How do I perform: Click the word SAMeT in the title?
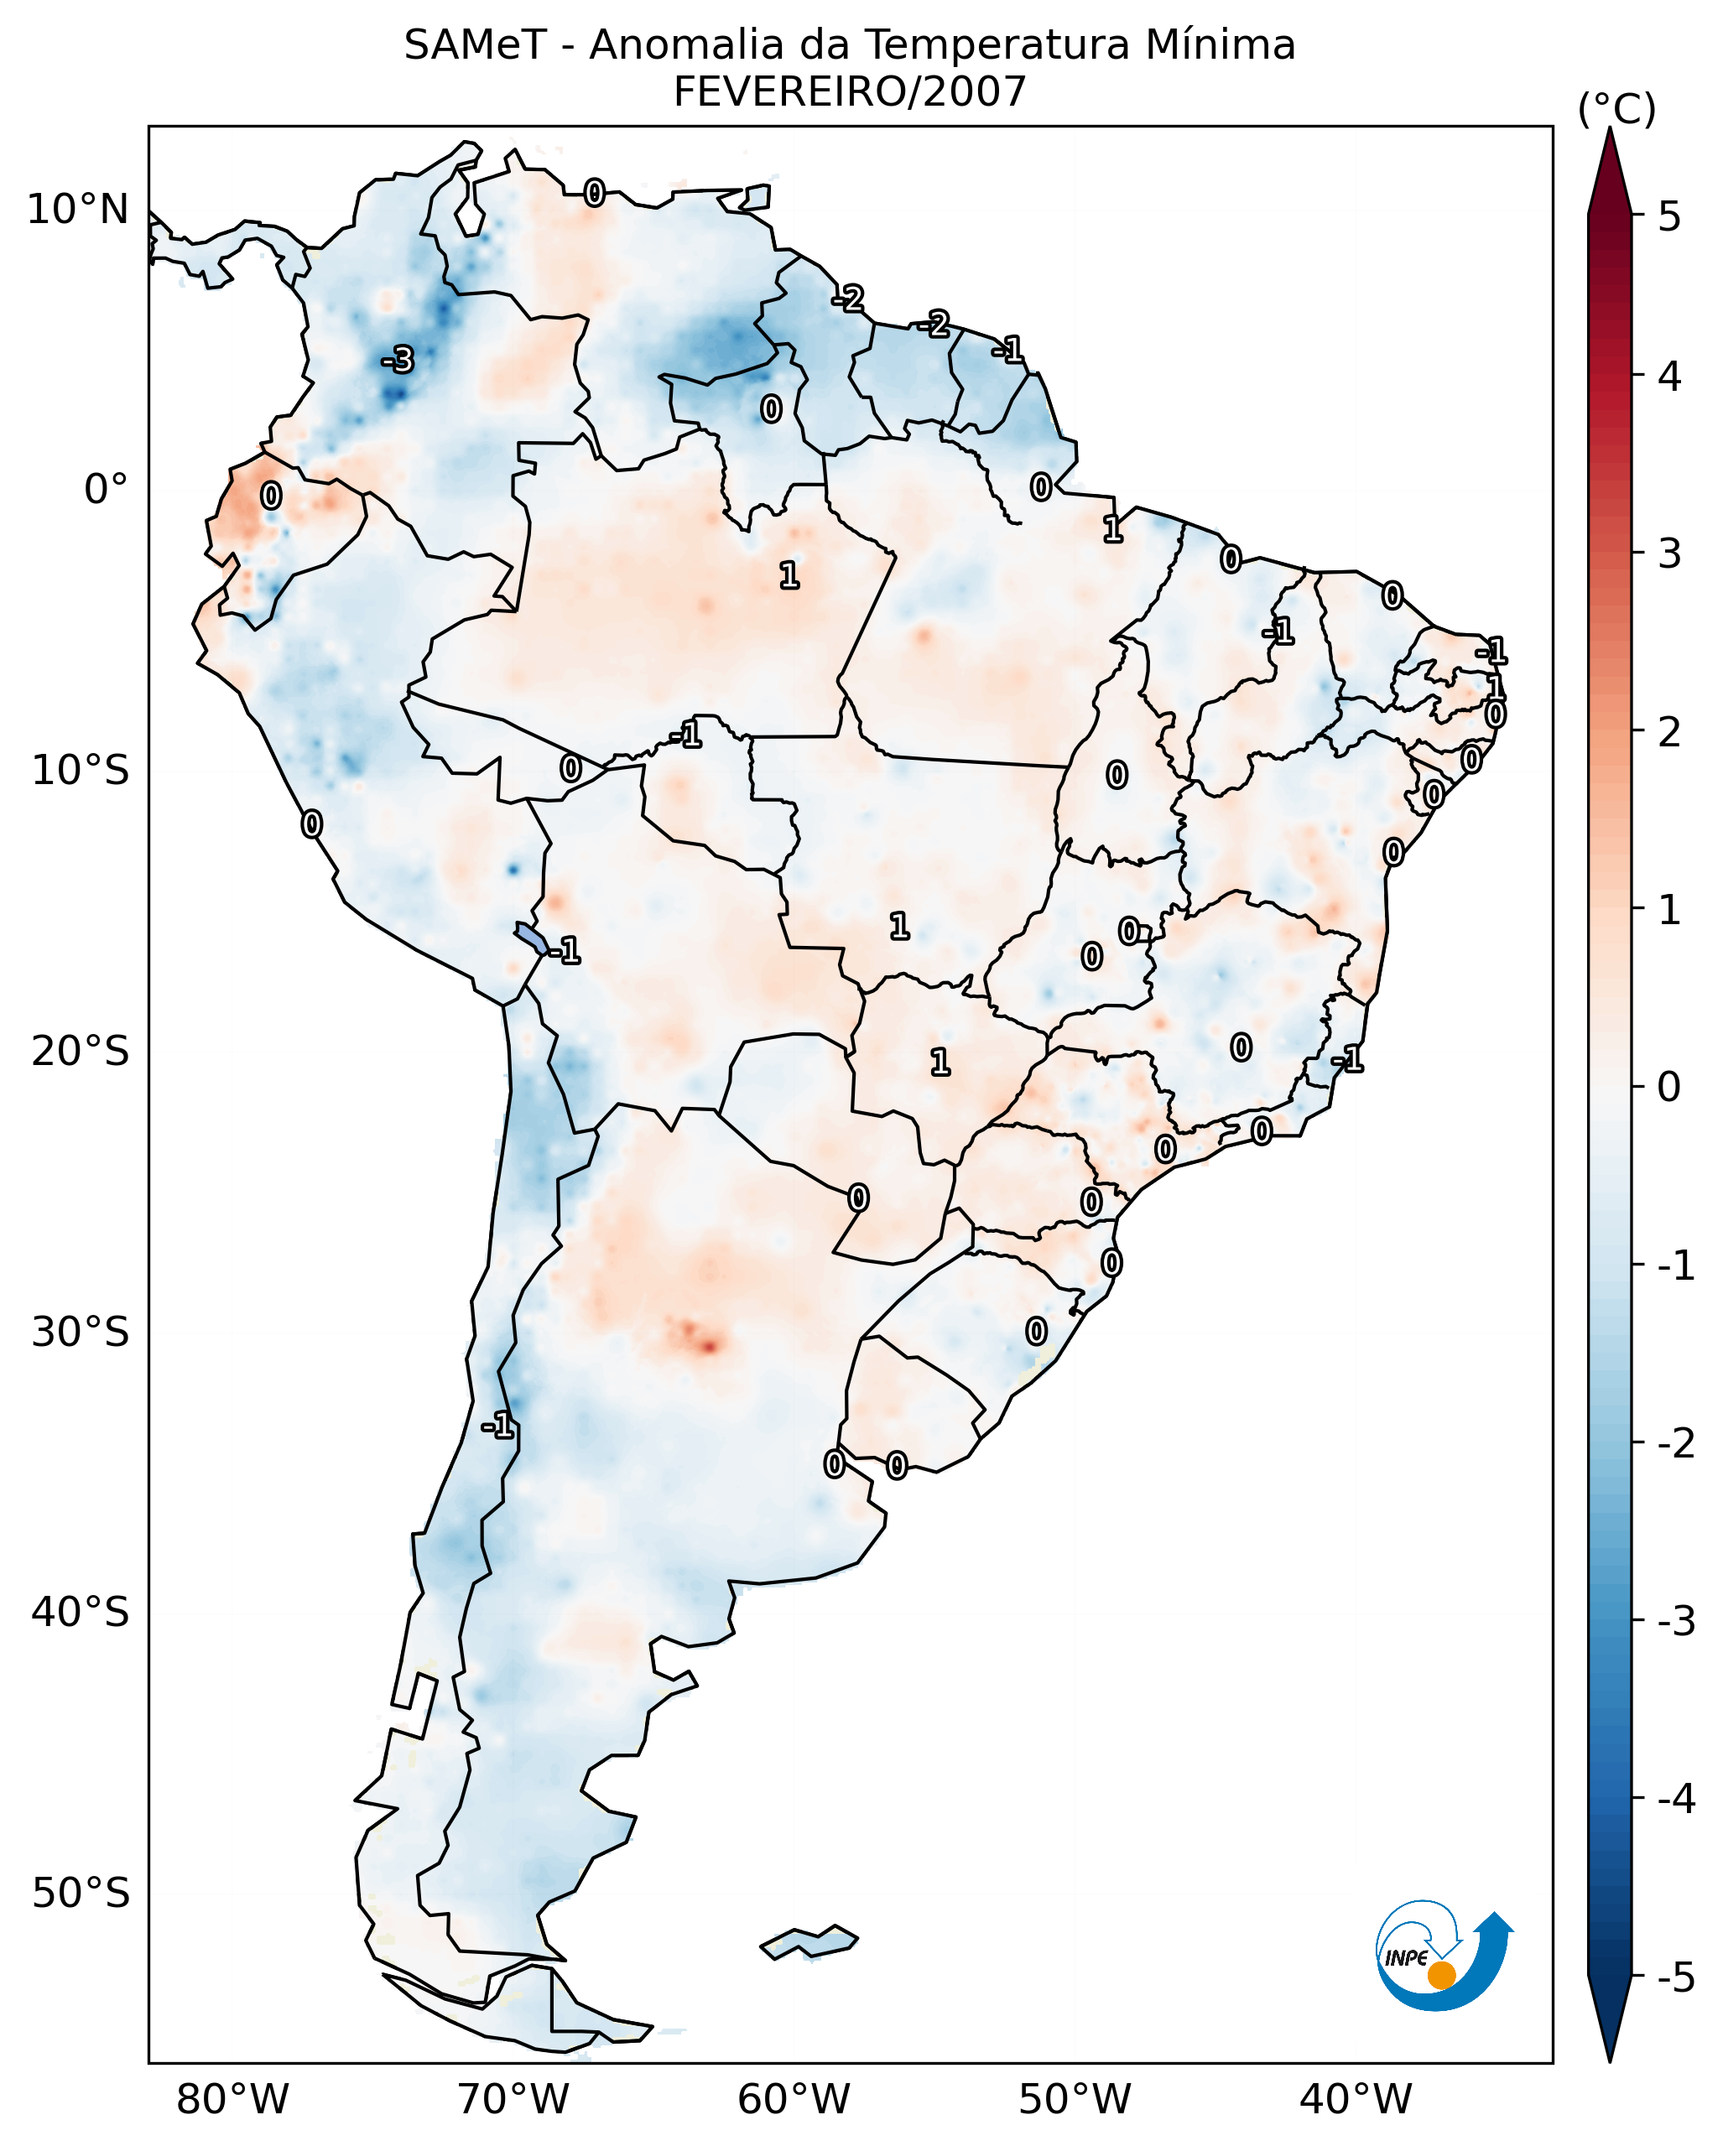[x=475, y=46]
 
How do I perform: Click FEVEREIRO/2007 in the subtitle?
[x=849, y=92]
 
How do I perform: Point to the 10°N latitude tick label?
[x=78, y=210]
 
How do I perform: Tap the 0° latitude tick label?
[x=106, y=490]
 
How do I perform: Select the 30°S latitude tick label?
[x=80, y=1332]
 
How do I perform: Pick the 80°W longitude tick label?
[x=232, y=2099]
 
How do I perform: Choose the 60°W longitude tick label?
[x=794, y=2099]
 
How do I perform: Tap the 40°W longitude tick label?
[x=1355, y=2099]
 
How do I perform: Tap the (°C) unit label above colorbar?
[x=1616, y=110]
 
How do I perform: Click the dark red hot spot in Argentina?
[x=706, y=1346]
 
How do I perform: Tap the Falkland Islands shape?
[x=809, y=1942]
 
